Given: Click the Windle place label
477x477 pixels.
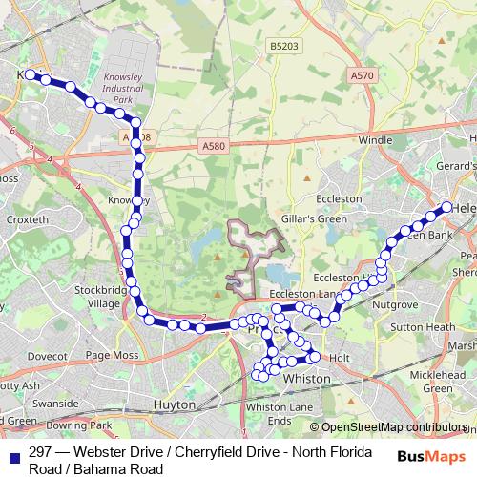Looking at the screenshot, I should click(375, 140).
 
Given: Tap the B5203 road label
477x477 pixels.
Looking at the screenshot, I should click(283, 46).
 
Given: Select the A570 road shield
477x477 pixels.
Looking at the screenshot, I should click(362, 74).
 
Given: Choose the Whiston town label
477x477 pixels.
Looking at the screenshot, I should click(309, 379).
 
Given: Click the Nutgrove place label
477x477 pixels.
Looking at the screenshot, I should click(394, 305).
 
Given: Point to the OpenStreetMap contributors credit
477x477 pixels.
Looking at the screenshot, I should click(388, 427).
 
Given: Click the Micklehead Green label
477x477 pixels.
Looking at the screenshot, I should click(445, 382).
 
